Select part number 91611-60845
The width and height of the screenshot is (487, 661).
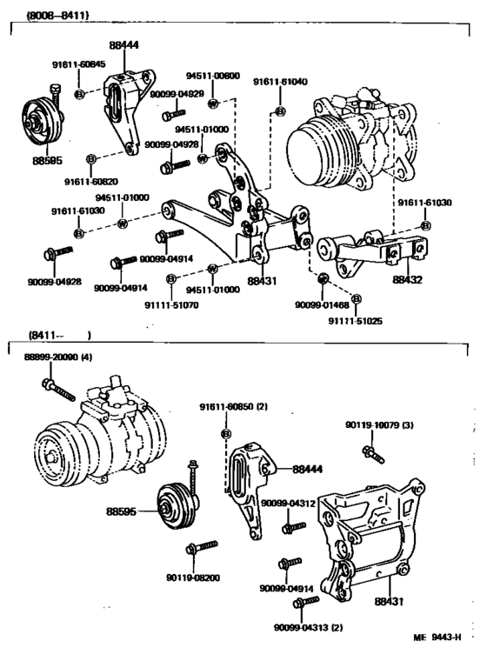78,63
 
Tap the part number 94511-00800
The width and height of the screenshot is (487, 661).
212,76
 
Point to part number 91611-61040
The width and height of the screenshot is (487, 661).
280,81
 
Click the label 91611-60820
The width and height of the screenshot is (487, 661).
91,180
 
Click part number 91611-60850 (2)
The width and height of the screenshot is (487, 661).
232,407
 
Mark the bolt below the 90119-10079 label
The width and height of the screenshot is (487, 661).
369,452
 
